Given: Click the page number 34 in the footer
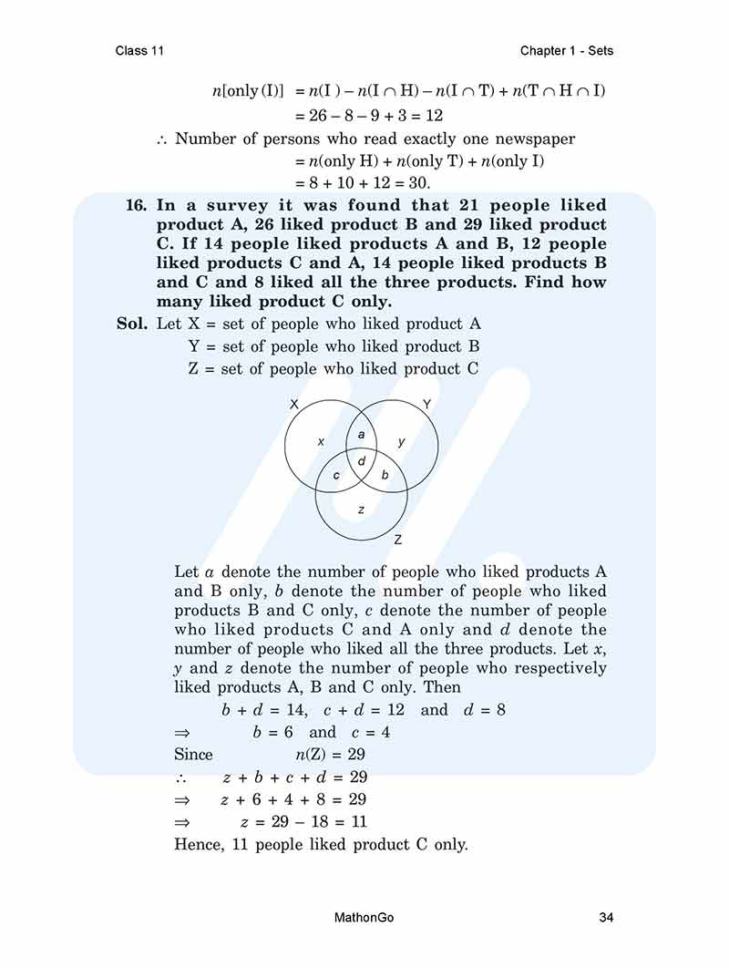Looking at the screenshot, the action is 606,917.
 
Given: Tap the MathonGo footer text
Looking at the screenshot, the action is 364,917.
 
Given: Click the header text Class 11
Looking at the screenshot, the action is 139,50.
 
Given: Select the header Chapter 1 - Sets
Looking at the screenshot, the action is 567,50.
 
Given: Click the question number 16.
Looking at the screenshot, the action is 136,205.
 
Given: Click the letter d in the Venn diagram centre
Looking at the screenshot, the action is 362,461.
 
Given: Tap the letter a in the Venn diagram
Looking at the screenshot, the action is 361,435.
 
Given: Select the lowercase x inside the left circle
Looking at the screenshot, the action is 321,441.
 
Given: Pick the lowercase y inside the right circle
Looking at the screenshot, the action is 402,441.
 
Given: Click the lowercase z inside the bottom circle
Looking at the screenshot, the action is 362,510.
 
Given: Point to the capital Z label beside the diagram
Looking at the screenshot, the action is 398,541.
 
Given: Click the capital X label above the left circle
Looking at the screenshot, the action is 293,404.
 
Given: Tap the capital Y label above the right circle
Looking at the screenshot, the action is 426,404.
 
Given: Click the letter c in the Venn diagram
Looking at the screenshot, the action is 337,475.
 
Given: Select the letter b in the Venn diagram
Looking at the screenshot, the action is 385,475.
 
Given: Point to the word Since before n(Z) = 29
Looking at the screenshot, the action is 193,755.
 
